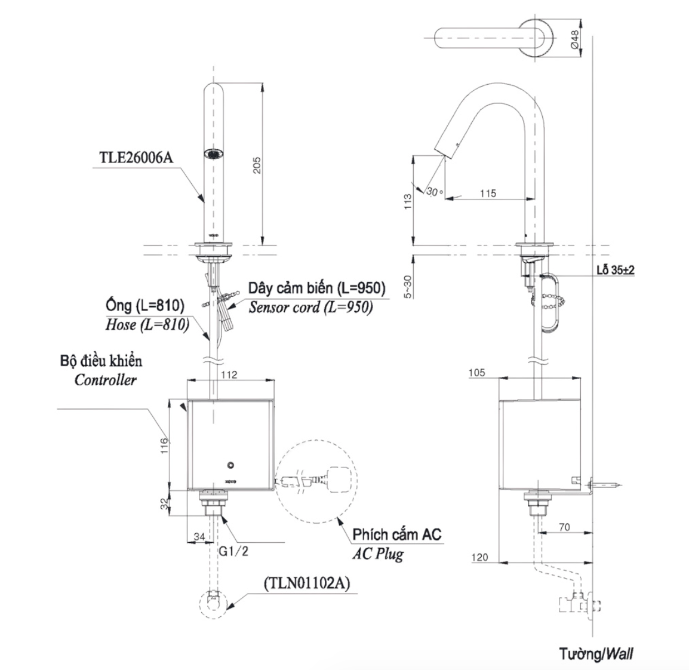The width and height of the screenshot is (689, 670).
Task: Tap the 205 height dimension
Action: tap(257, 164)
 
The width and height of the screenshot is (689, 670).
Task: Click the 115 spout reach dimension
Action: tap(487, 193)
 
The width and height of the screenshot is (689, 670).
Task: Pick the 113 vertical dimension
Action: tap(408, 201)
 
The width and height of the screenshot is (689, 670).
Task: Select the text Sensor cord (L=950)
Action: tap(310, 308)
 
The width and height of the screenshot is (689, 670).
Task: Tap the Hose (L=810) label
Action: tap(147, 324)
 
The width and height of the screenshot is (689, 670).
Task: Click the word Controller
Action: tap(105, 380)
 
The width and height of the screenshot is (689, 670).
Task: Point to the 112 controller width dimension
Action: tap(229, 374)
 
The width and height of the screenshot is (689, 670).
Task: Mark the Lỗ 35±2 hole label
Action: tap(614, 270)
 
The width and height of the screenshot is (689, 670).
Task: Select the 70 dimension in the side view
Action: tap(564, 527)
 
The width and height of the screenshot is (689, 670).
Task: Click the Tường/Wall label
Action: tap(596, 653)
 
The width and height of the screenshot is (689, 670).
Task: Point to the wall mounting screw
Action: tap(606, 485)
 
